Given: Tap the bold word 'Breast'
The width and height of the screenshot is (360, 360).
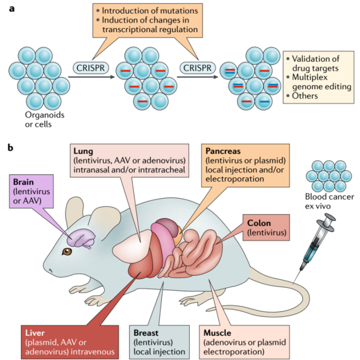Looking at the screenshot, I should (x=147, y=332).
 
